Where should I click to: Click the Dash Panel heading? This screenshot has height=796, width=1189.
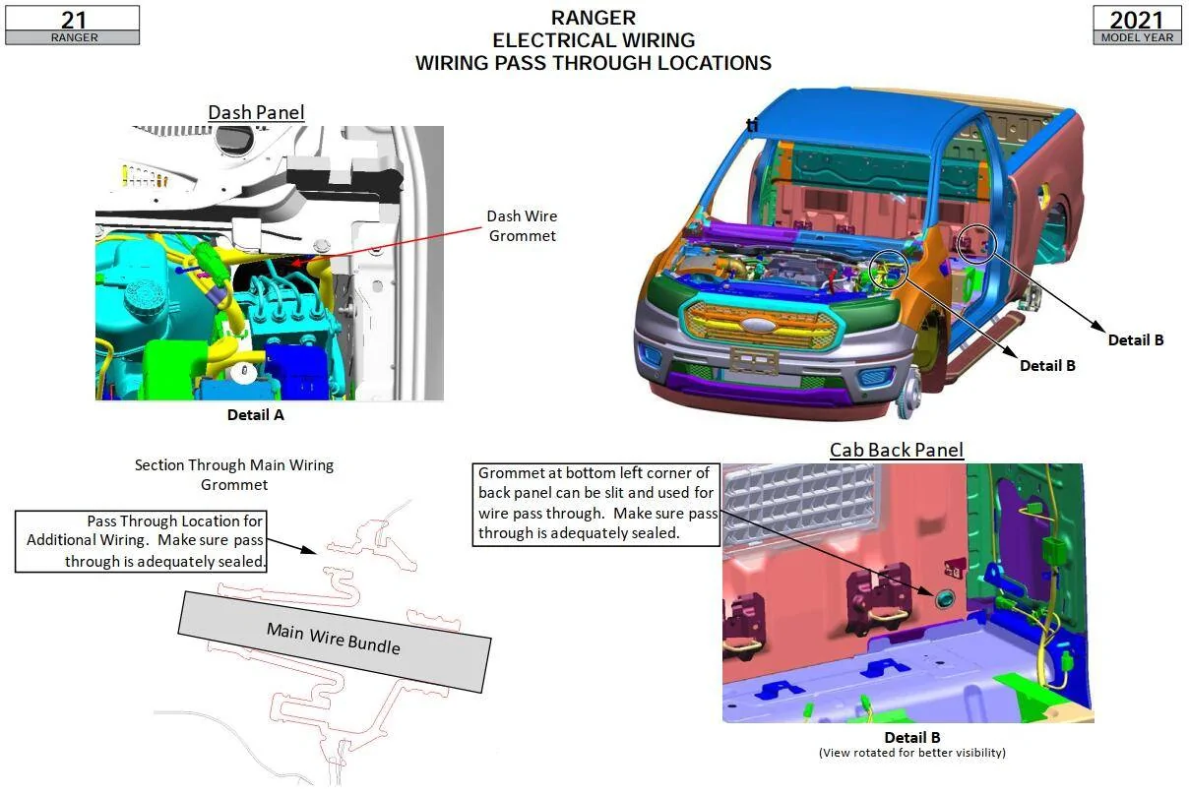pos(256,112)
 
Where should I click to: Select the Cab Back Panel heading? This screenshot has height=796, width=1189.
pos(897,450)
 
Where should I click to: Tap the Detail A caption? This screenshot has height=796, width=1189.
pos(256,415)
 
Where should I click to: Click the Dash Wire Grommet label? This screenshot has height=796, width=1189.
pos(523,226)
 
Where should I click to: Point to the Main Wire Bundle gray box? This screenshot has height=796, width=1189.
pos(335,643)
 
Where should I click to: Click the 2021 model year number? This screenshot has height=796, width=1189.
pos(1137,20)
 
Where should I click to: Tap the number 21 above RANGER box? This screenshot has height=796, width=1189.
pos(73,20)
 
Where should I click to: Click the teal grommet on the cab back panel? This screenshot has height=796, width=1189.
pos(944,599)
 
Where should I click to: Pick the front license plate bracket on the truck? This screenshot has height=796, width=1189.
pos(754,360)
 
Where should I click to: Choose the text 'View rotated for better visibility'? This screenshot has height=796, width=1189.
pos(911,753)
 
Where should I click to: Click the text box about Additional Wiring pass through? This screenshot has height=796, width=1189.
pos(141,541)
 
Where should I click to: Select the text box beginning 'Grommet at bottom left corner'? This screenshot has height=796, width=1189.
pos(596,504)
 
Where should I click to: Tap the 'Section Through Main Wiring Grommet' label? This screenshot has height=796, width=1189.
pos(234,475)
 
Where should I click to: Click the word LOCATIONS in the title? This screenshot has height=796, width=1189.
pos(714,63)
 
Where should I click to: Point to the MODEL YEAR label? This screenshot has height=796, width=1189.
pos(1137,37)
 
